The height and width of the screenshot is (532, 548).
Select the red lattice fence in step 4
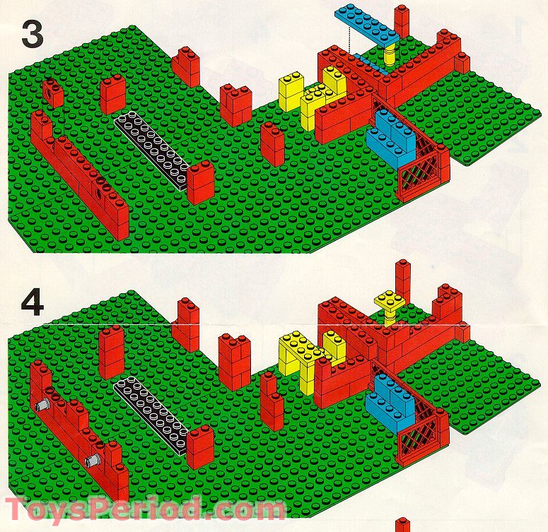coord(419,441)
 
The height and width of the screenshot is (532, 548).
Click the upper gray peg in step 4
coord(40,406)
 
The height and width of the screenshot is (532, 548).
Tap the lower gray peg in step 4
coord(92,462)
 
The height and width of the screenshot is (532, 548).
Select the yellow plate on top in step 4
coord(390,300)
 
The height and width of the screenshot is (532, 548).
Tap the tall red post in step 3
coord(402,21)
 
